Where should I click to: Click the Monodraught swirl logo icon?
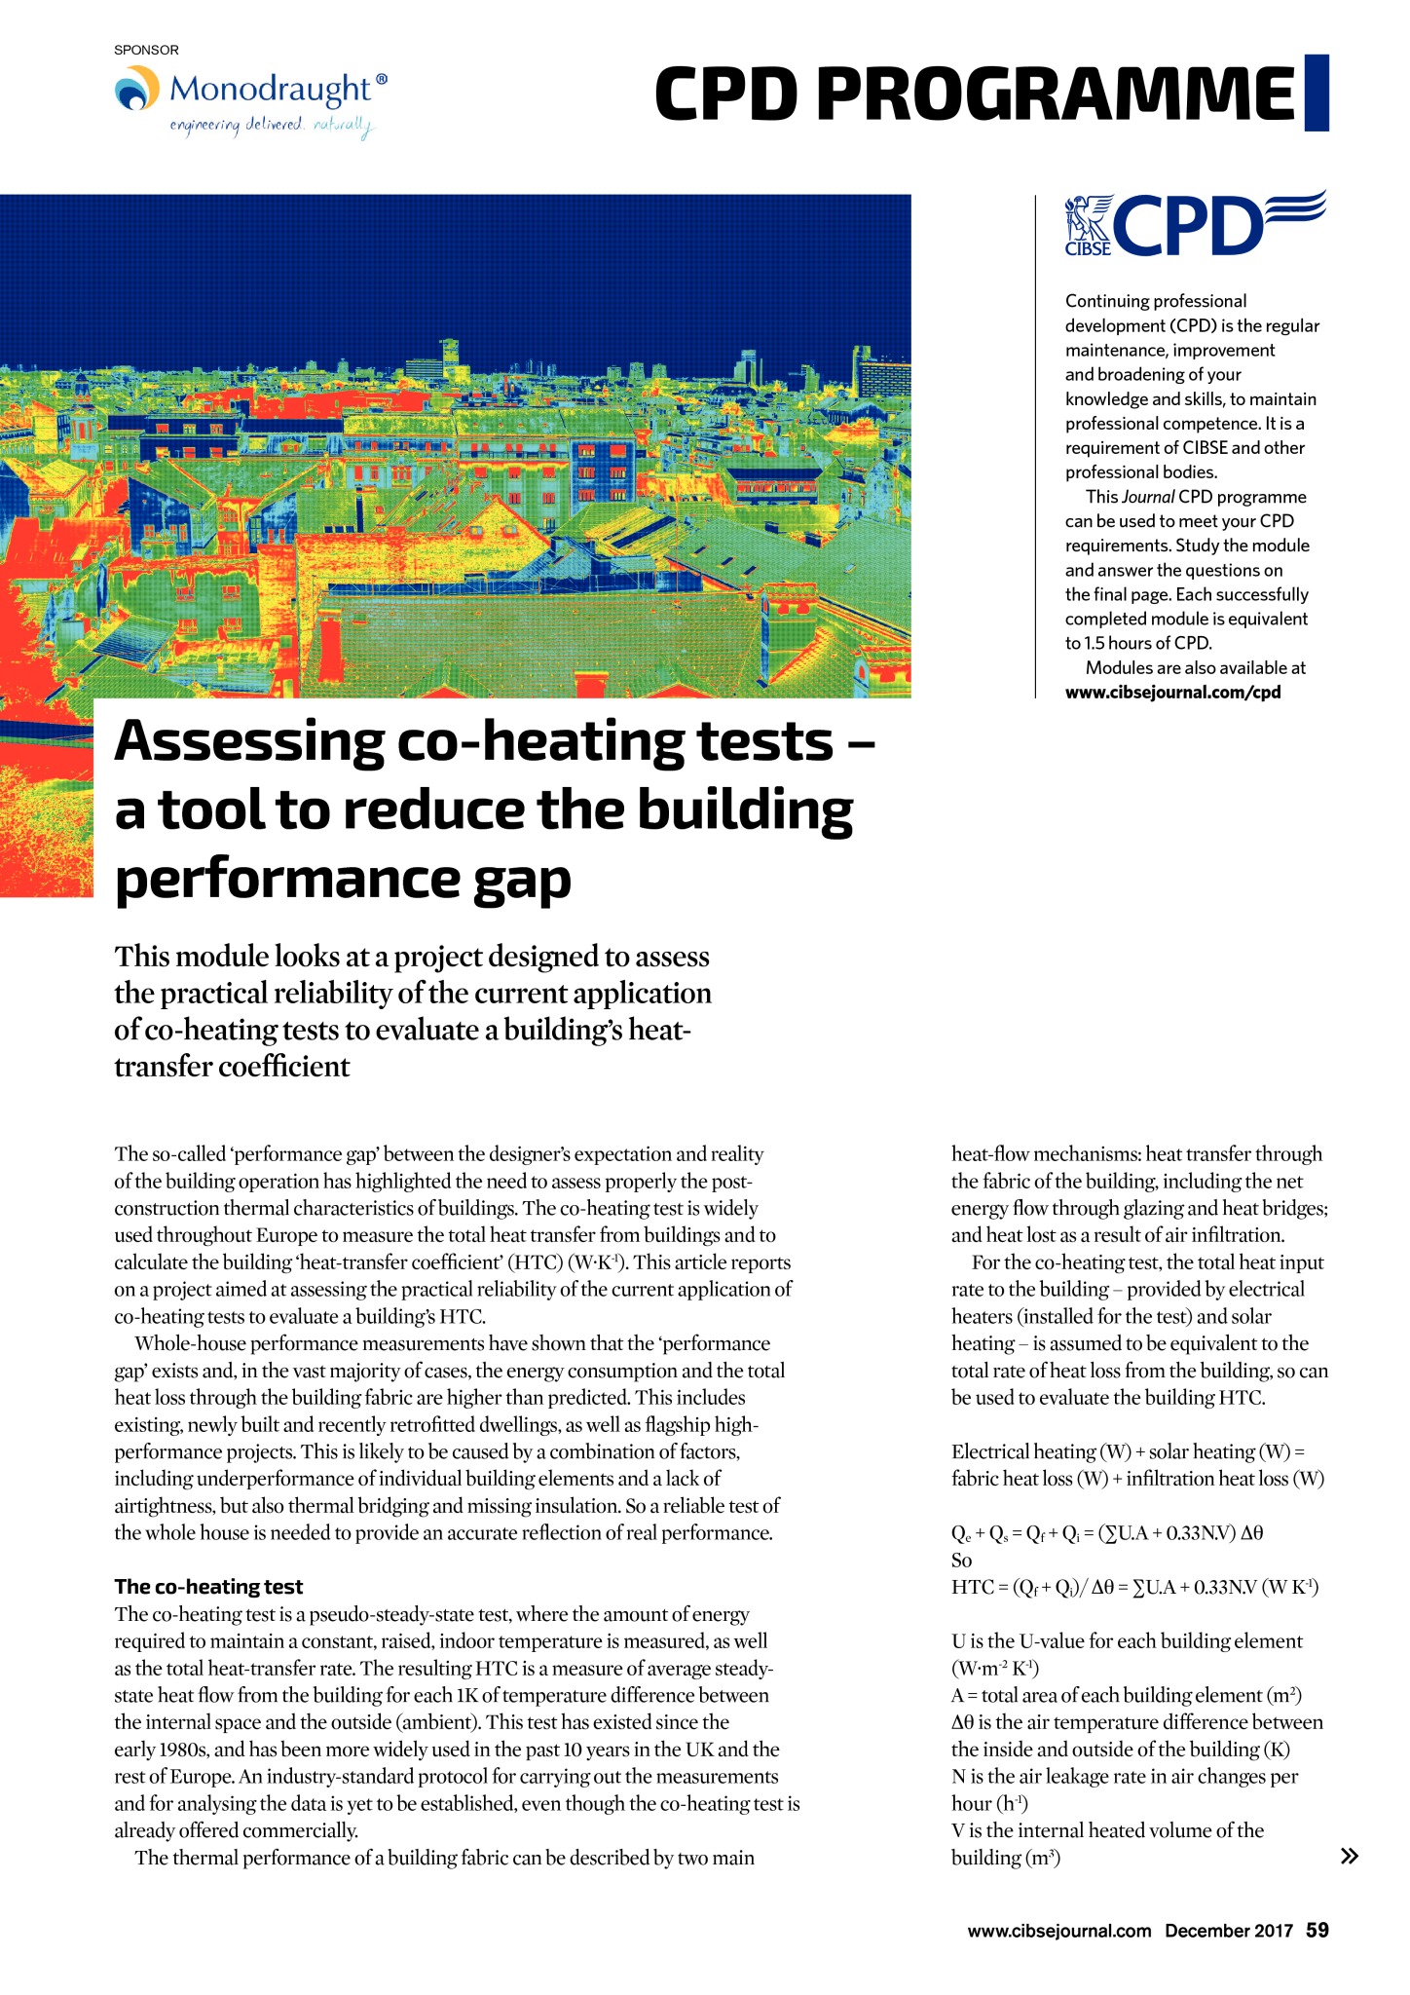[x=137, y=89]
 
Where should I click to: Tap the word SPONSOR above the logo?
[x=146, y=50]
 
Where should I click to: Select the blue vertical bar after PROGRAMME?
[x=1316, y=94]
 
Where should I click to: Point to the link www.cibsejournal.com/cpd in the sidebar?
[x=1172, y=693]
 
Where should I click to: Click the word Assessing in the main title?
[x=249, y=742]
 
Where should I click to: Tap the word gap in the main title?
[x=522, y=880]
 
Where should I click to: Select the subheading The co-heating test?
[x=208, y=1587]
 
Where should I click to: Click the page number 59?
[x=1317, y=1930]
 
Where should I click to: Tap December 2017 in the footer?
[x=1229, y=1931]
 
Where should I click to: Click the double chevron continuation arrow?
[x=1349, y=1857]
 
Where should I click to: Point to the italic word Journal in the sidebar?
[x=1148, y=497]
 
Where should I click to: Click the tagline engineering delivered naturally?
[x=271, y=126]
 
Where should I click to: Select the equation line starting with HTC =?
[x=1134, y=1587]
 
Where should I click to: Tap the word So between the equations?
[x=961, y=1560]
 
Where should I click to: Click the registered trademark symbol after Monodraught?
[x=381, y=79]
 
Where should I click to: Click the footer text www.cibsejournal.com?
[x=1059, y=1931]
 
